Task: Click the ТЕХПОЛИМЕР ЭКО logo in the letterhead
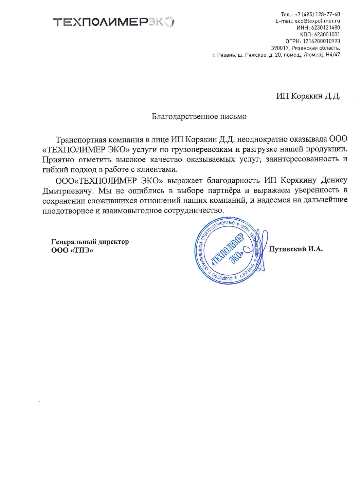pyautogui.click(x=114, y=22)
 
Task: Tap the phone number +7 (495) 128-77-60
pyautogui.click(x=317, y=14)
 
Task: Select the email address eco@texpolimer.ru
pyautogui.click(x=317, y=21)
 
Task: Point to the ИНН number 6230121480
pyautogui.click(x=325, y=28)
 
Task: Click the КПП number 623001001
pyautogui.click(x=327, y=34)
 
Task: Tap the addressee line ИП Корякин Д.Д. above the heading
pyautogui.click(x=308, y=96)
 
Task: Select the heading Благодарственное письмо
pyautogui.click(x=199, y=116)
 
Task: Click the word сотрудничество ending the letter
pyautogui.click(x=193, y=210)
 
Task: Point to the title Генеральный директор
pyautogui.click(x=90, y=242)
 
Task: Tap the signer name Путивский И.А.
pyautogui.click(x=296, y=249)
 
